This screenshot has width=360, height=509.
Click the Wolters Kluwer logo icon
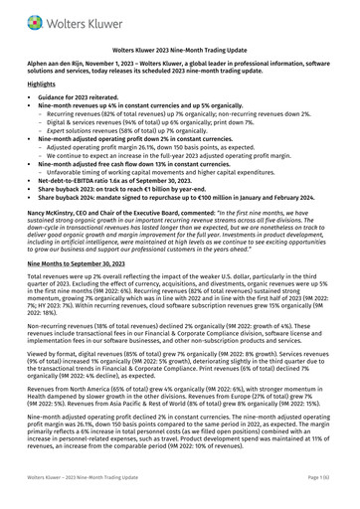(x=37, y=17)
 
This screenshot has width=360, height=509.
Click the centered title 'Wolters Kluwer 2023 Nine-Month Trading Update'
(x=180, y=47)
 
